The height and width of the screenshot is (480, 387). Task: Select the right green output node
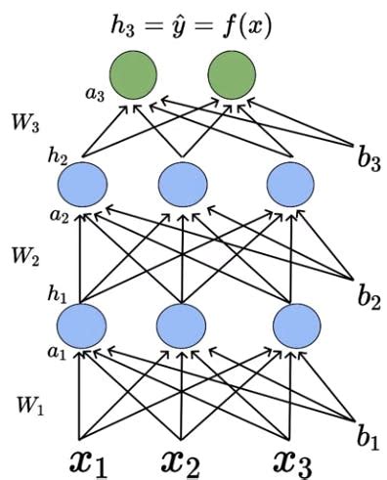232,73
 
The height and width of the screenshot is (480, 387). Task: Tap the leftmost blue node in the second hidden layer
83,183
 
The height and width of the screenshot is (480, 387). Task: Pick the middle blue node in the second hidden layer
181,183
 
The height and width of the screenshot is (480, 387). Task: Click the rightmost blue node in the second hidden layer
288,183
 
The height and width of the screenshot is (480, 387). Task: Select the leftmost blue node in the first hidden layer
83,326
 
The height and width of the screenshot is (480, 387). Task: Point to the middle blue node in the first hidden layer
181,326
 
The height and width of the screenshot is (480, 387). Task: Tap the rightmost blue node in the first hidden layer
288,326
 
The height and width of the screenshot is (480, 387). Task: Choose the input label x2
182,459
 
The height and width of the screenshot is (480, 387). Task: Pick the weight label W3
26,124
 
